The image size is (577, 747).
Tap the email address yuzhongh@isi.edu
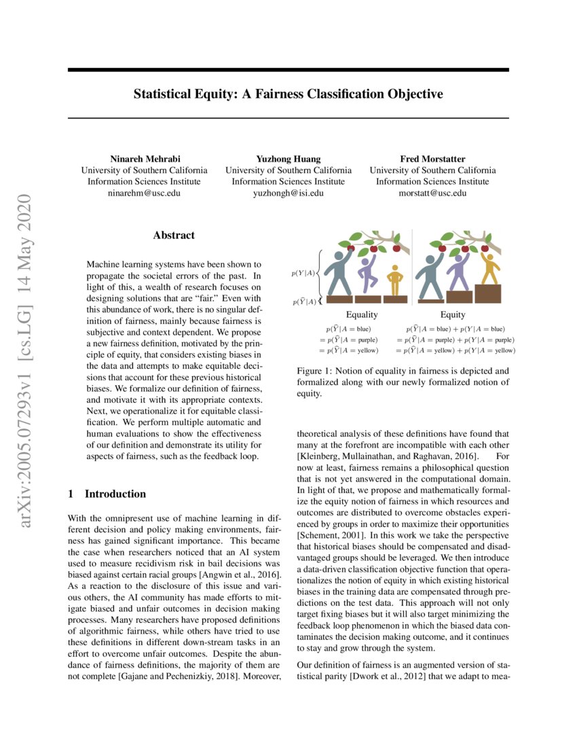click(x=288, y=193)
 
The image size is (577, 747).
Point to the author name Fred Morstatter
click(x=432, y=159)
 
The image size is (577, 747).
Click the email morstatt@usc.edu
click(x=432, y=193)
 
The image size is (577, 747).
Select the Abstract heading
click(x=174, y=236)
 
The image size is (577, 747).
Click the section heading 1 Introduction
click(x=107, y=494)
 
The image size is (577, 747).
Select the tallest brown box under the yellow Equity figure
click(x=487, y=293)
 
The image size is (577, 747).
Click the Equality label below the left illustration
click(x=362, y=314)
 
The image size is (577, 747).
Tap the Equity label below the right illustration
click(x=453, y=314)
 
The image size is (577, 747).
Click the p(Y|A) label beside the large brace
click(x=303, y=274)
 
